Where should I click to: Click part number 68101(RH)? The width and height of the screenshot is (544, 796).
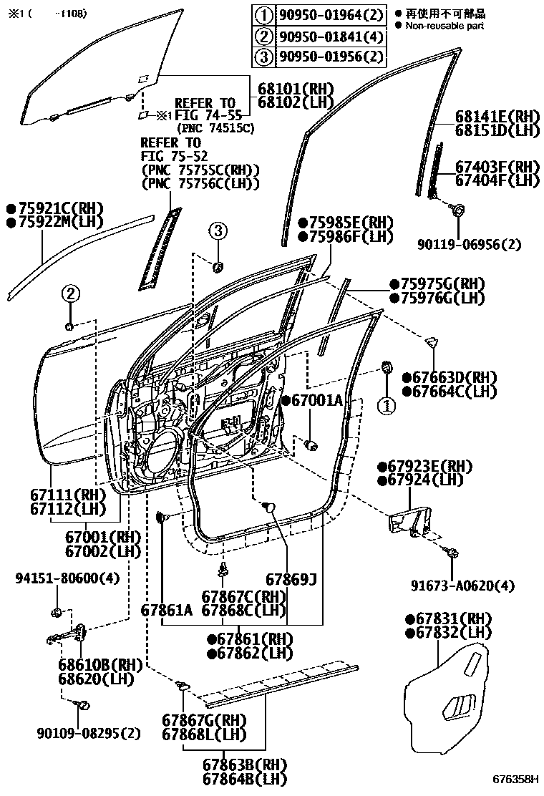point(296,89)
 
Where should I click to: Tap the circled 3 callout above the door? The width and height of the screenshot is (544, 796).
point(218,230)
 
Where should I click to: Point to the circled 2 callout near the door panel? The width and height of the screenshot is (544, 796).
point(69,292)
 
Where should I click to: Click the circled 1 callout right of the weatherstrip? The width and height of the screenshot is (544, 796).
point(387,407)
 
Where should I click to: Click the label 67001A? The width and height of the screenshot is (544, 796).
point(317,401)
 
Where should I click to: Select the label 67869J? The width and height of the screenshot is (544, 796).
point(291,578)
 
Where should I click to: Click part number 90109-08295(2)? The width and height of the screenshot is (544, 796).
point(89,733)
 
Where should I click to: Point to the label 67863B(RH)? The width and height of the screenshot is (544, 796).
point(225,765)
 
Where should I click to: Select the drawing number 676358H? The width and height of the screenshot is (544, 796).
point(515,778)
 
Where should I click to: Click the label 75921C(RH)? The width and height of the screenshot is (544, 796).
point(59,208)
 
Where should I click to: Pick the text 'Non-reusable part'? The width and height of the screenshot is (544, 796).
point(445,26)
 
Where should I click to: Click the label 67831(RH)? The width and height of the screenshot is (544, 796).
point(453,618)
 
